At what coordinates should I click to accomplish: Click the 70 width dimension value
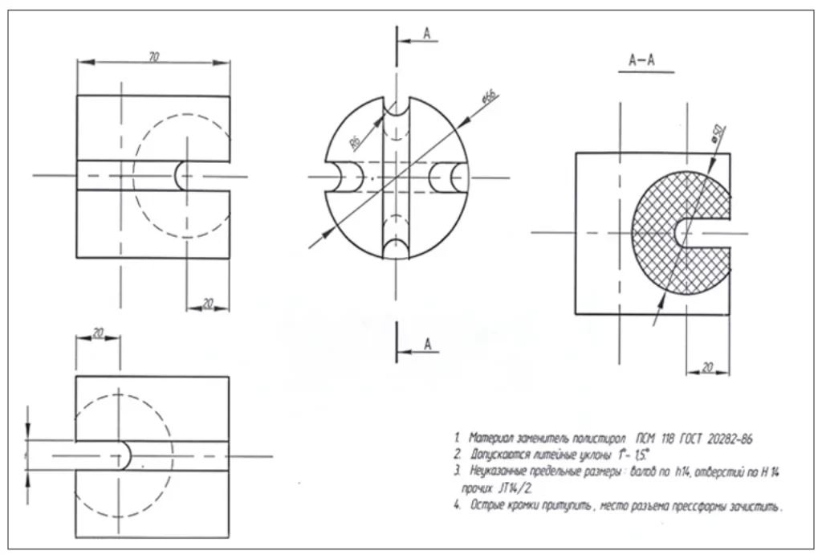153,55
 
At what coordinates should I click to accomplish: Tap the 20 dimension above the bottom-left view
98,333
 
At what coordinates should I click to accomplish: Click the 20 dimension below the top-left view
207,304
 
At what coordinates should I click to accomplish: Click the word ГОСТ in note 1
688,439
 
